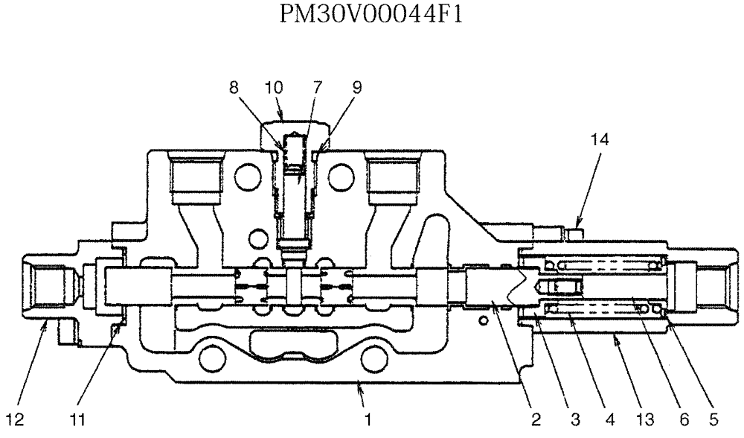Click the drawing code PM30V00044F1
pos(372,14)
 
